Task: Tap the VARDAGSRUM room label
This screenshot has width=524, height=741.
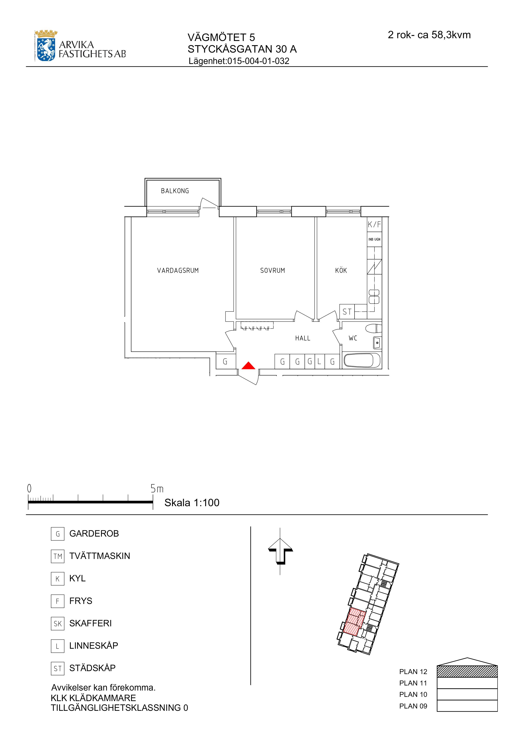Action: pos(178,271)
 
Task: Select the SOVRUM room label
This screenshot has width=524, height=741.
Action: pos(273,271)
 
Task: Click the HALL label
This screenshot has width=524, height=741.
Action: pos(303,338)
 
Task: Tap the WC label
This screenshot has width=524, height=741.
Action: pos(353,338)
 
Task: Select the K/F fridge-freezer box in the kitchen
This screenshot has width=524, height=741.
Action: pos(375,224)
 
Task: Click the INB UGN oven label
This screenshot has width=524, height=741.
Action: pos(375,239)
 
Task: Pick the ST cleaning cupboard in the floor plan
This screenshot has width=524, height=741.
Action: pos(347,312)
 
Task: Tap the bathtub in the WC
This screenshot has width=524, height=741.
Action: pos(362,360)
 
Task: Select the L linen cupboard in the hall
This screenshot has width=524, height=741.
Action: pos(319,362)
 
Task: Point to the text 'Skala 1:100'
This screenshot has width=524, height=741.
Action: pos(192,503)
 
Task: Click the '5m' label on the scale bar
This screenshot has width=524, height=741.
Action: pos(157,489)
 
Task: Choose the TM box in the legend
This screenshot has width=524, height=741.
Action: pos(57,556)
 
